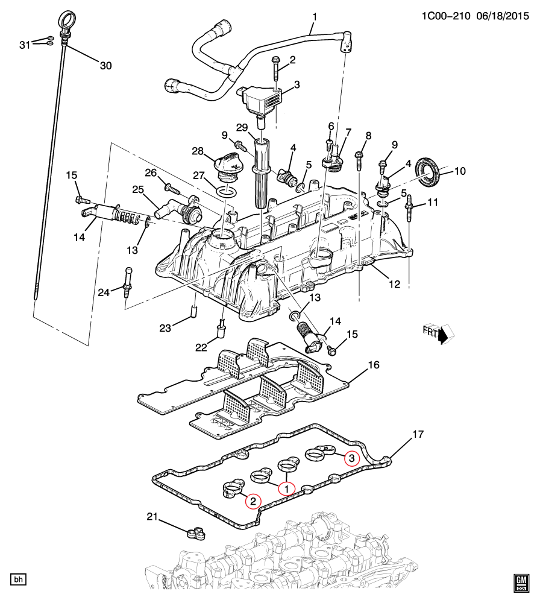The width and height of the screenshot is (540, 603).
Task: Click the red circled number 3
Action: coord(351,458)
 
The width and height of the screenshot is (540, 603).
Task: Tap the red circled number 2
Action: coord(253,500)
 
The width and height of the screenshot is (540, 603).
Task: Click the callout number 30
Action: coord(105,66)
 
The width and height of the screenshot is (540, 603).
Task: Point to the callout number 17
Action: coord(418,435)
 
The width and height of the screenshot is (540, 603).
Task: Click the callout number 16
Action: coord(374,365)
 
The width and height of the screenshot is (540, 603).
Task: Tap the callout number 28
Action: coord(198,150)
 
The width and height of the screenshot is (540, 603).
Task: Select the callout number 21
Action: coord(152,516)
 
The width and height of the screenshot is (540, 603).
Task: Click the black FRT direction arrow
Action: coord(444,334)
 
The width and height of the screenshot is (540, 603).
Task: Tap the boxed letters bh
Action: coord(19,580)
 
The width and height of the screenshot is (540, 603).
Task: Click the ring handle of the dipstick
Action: coord(67,19)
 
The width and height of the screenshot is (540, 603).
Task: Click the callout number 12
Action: coord(394,283)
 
